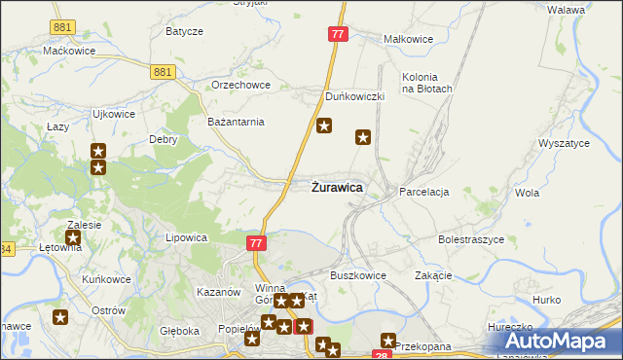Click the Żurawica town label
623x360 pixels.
pyautogui.click(x=337, y=187)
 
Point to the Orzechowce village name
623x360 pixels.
pyautogui.click(x=241, y=85)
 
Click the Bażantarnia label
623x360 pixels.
pyautogui.click(x=237, y=122)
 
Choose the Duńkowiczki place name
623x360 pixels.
pyautogui.click(x=355, y=97)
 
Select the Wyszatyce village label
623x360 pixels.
pyautogui.click(x=564, y=143)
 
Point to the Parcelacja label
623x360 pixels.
pyautogui.click(x=423, y=193)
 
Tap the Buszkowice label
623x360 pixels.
pyautogui.click(x=358, y=275)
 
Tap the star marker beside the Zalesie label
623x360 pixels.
pyautogui.click(x=73, y=237)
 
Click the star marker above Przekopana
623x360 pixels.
pyautogui.click(x=388, y=341)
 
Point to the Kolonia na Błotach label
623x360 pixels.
pyautogui.click(x=427, y=83)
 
